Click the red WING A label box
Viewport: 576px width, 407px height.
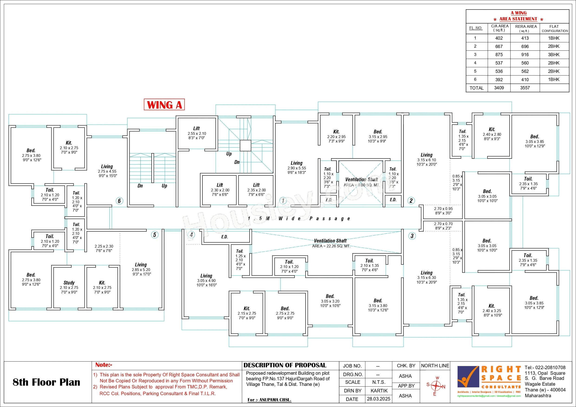164,105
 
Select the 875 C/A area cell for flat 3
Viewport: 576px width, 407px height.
499,55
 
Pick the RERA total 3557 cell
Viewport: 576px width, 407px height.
525,88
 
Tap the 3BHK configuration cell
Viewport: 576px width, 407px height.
554,55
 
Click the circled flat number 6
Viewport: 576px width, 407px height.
119,201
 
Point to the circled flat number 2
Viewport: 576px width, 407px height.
411,201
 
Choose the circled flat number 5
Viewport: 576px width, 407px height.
155,235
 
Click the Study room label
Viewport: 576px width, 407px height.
69,283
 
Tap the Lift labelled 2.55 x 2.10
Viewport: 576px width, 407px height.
197,133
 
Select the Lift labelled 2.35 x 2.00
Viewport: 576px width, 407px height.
256,190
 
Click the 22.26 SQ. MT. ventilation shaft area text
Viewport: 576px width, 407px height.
331,246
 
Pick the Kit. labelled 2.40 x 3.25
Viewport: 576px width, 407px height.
492,310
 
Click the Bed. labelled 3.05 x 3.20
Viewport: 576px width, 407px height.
330,301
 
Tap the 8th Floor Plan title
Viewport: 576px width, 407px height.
46,382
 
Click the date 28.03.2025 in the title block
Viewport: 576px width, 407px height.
378,399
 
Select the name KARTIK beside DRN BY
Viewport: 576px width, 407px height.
379,391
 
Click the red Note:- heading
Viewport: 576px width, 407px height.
104,365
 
